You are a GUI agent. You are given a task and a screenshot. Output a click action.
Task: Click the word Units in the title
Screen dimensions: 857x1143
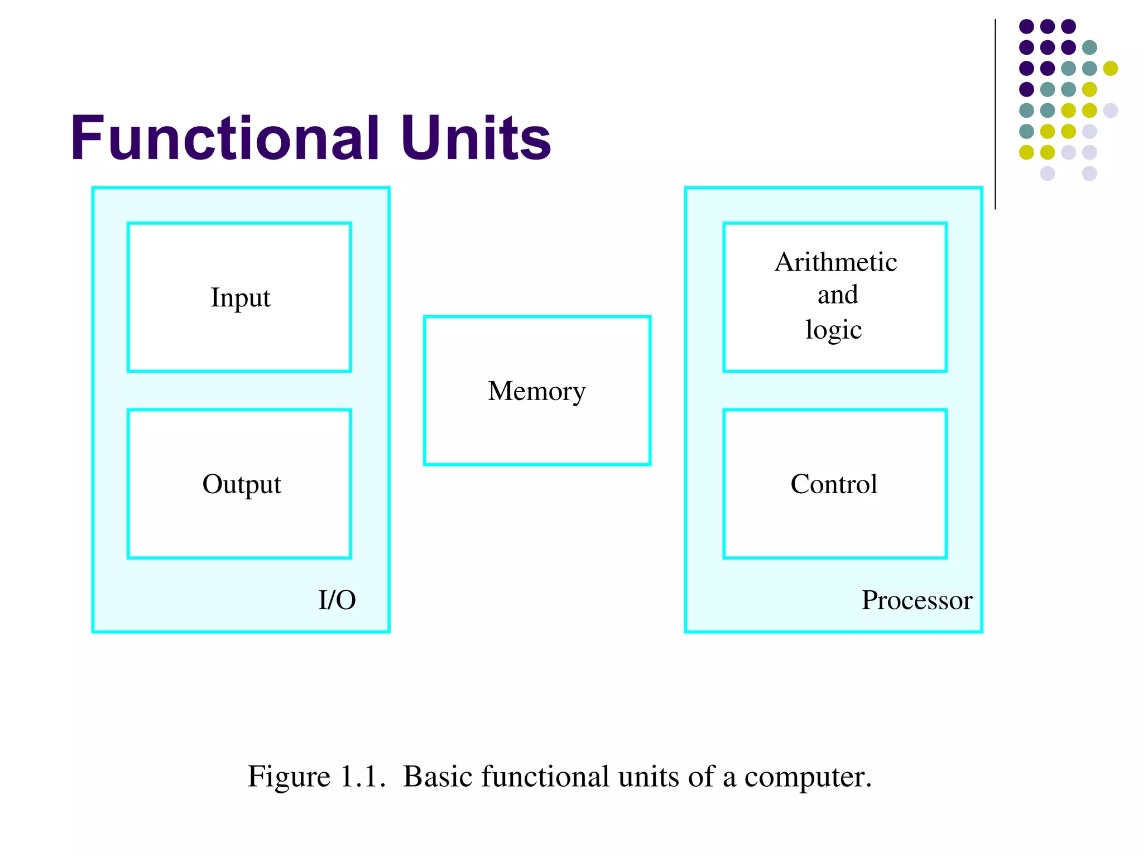[476, 137]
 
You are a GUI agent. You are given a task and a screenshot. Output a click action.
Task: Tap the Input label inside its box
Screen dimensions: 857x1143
[240, 298]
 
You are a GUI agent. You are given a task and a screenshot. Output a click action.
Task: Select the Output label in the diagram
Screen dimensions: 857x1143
[241, 484]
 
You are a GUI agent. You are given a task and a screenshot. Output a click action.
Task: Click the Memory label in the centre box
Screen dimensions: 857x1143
[536, 391]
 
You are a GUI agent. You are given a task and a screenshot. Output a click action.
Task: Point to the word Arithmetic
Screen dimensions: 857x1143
[835, 262]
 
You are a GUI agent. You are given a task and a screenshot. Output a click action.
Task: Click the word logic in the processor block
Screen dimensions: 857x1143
[833, 330]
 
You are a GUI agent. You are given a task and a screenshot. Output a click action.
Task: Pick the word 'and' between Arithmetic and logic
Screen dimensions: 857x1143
[837, 295]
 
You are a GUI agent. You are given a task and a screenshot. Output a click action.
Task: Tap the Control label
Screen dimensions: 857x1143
[834, 484]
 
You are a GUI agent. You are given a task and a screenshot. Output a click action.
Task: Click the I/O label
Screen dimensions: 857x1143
[337, 600]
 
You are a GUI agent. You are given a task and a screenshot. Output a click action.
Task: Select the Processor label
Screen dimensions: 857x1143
[916, 600]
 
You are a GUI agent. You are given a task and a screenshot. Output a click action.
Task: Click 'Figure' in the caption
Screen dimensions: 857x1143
[289, 777]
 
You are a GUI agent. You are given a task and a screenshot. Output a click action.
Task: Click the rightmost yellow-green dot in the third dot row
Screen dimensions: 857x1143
[1110, 68]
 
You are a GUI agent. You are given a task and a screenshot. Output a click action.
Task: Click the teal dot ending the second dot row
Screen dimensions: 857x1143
[1089, 47]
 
